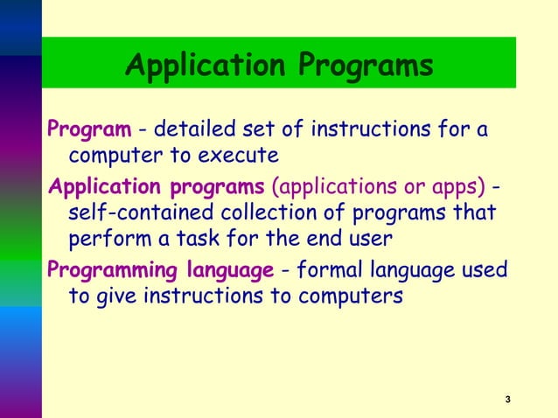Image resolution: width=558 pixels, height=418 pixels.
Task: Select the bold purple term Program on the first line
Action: [87, 131]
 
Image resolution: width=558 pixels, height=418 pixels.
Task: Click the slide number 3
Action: [508, 400]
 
